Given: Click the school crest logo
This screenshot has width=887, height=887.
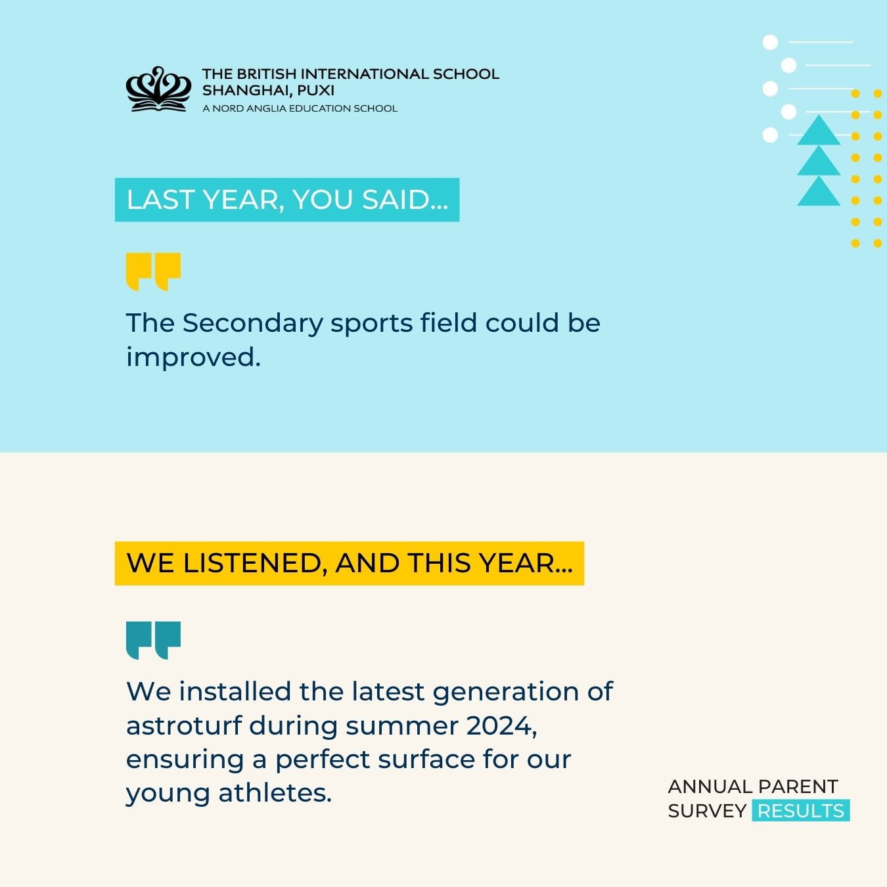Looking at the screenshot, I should pyautogui.click(x=158, y=89).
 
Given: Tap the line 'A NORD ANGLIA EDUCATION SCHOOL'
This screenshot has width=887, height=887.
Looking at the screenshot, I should pyautogui.click(x=300, y=108).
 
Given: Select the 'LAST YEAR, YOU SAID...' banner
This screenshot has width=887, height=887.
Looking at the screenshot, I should pyautogui.click(x=287, y=200).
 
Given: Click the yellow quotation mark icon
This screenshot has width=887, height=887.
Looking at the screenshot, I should pyautogui.click(x=153, y=271).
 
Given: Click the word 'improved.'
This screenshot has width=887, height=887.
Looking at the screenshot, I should pyautogui.click(x=193, y=357).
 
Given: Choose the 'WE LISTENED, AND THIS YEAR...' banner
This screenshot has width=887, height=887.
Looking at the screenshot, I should pyautogui.click(x=349, y=563).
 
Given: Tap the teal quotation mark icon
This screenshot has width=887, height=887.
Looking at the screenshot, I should pyautogui.click(x=153, y=639).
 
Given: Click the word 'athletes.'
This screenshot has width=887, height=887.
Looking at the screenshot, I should pyautogui.click(x=275, y=793).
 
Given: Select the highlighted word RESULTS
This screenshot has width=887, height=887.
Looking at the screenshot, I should pyautogui.click(x=800, y=811).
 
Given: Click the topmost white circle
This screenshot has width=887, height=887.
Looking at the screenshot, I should pyautogui.click(x=770, y=43).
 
